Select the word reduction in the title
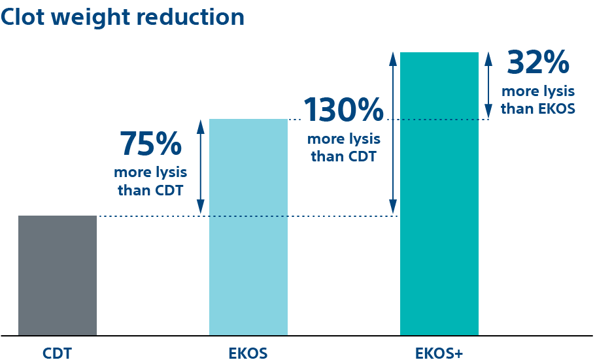tap(190, 17)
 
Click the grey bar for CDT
tap(58, 275)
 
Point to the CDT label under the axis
tap(57, 354)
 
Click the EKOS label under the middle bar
tap(248, 354)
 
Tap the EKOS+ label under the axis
tap(439, 354)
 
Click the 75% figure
tap(150, 144)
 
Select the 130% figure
tap(343, 110)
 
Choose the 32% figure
tap(538, 63)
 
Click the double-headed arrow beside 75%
tap(201, 167)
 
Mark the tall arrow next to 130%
tap(393, 133)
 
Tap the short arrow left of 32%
tap(488, 85)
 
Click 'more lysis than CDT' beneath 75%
tap(150, 182)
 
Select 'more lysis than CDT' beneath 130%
tap(343, 148)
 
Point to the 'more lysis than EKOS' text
tap(538, 100)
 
